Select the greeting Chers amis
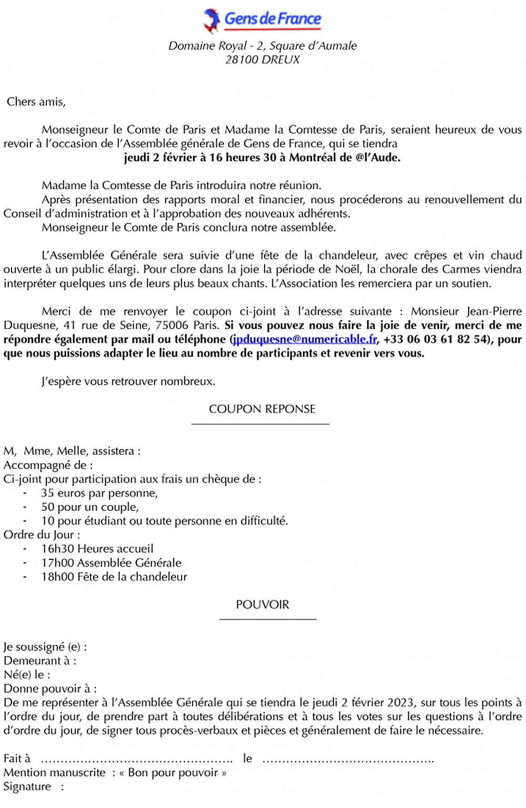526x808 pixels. pyautogui.click(x=36, y=102)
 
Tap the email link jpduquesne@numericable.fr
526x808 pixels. pyautogui.click(x=305, y=340)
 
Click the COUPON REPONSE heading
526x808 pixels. pyautogui.click(x=262, y=409)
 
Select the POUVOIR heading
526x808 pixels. pyautogui.click(x=262, y=605)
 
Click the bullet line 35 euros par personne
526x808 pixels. pyautogui.click(x=99, y=493)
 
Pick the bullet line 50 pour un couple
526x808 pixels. pyautogui.click(x=90, y=507)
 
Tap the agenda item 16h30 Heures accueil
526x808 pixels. pyautogui.click(x=97, y=549)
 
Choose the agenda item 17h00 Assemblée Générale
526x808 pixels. pyautogui.click(x=111, y=563)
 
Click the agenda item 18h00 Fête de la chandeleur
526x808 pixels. pyautogui.click(x=114, y=577)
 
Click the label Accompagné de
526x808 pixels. pyautogui.click(x=48, y=465)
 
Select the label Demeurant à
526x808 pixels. pyautogui.click(x=40, y=661)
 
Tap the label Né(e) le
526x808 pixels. pyautogui.click(x=27, y=675)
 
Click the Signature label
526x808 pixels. pyautogui.click(x=27, y=786)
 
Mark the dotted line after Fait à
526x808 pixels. pyautogui.click(x=136, y=760)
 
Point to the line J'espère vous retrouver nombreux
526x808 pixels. pyautogui.click(x=128, y=381)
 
